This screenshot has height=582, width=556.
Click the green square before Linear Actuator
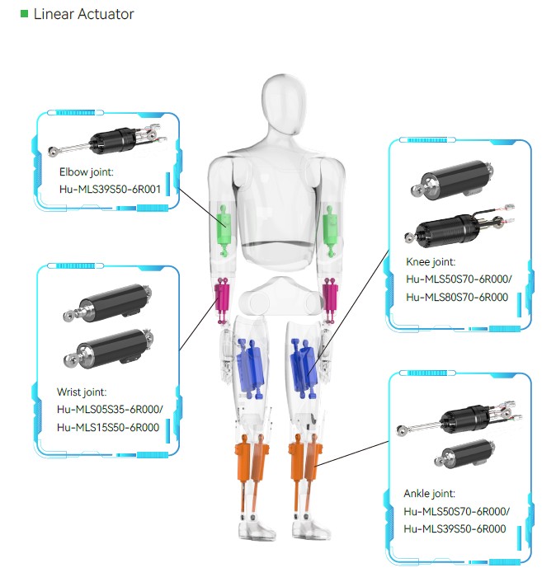24,14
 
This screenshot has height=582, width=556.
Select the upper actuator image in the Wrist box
108,301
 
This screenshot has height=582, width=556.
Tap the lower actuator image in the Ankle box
463,453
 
